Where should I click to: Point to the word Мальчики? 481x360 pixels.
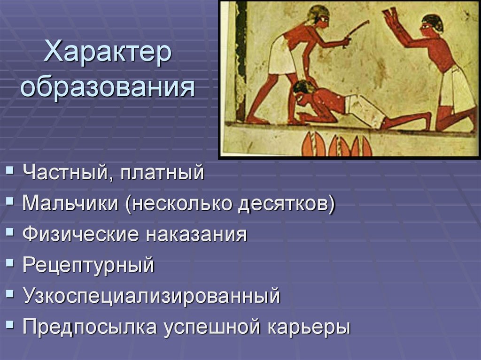[x=70, y=204]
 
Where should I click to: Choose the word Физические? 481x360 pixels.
[x=80, y=234]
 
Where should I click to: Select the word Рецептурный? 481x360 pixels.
[x=88, y=265]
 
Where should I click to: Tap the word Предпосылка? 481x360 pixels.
[x=89, y=327]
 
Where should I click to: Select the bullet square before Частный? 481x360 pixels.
[x=10, y=172]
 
